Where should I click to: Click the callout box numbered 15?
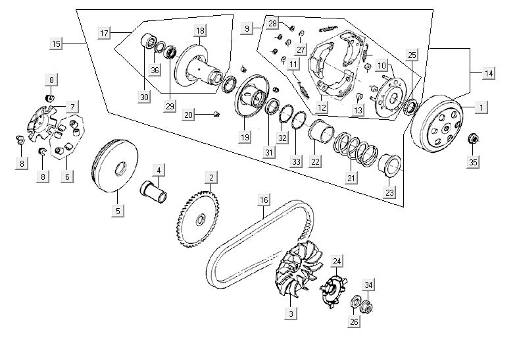pyautogui.click(x=57, y=43)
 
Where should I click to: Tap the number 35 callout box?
pyautogui.click(x=472, y=161)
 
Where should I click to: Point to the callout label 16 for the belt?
pyautogui.click(x=264, y=200)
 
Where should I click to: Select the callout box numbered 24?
pyautogui.click(x=337, y=262)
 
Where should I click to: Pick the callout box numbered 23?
pyautogui.click(x=391, y=193)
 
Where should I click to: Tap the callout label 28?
pyautogui.click(x=272, y=24)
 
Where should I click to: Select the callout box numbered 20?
pyautogui.click(x=189, y=115)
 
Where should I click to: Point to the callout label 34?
pyautogui.click(x=369, y=285)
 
